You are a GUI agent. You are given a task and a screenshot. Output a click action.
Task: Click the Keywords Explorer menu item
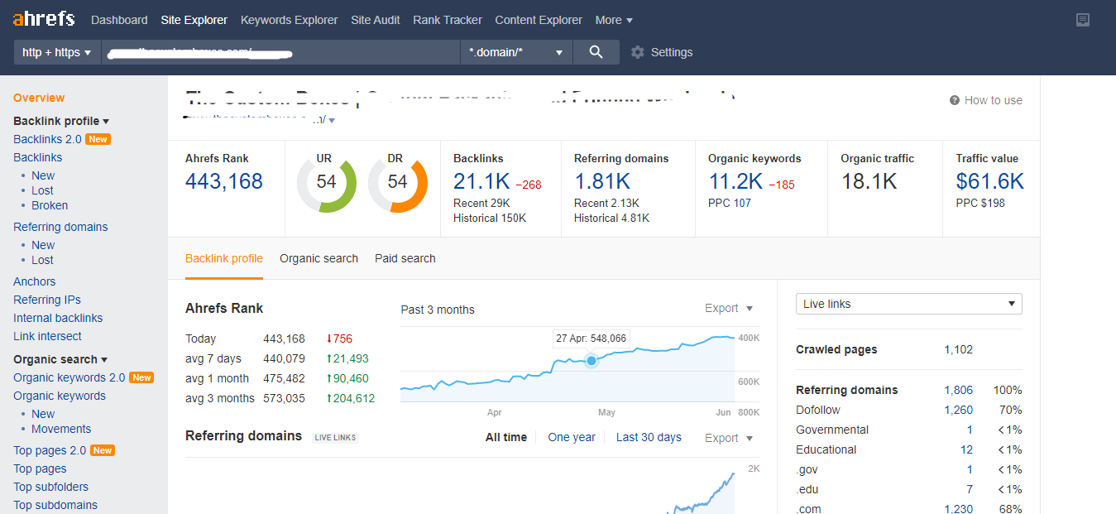pos(289,20)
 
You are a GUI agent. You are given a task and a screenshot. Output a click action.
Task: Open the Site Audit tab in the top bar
pos(376,20)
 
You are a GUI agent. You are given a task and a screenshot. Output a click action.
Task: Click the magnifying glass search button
pos(596,52)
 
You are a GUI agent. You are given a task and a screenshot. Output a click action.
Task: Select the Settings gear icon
pos(637,52)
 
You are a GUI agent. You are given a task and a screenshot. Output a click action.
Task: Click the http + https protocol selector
pos(56,52)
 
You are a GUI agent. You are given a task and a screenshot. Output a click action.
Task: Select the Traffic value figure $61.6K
pos(989,181)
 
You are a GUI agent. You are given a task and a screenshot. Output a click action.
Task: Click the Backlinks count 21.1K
pos(481,181)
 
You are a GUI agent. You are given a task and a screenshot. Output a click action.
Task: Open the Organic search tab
pos(319,258)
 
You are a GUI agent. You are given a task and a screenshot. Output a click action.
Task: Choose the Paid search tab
pos(405,258)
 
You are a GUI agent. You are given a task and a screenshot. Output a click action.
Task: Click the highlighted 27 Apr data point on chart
pos(592,361)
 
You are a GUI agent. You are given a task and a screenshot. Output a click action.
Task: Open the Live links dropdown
pos(908,304)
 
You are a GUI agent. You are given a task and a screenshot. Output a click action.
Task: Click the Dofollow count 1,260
pos(958,410)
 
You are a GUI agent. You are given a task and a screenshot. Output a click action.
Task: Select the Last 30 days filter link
pos(649,437)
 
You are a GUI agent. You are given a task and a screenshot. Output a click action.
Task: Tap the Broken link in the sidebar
pos(50,205)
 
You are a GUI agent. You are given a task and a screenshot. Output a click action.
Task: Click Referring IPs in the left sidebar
pos(47,300)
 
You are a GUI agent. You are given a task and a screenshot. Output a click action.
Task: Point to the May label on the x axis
pos(606,412)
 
